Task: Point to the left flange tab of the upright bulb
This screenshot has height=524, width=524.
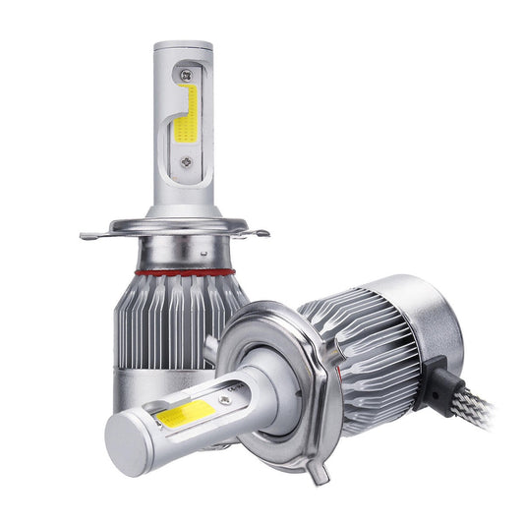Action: tap(89, 235)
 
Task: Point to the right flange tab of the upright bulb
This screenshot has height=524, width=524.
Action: tap(261, 233)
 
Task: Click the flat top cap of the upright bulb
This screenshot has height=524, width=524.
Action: tap(183, 46)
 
